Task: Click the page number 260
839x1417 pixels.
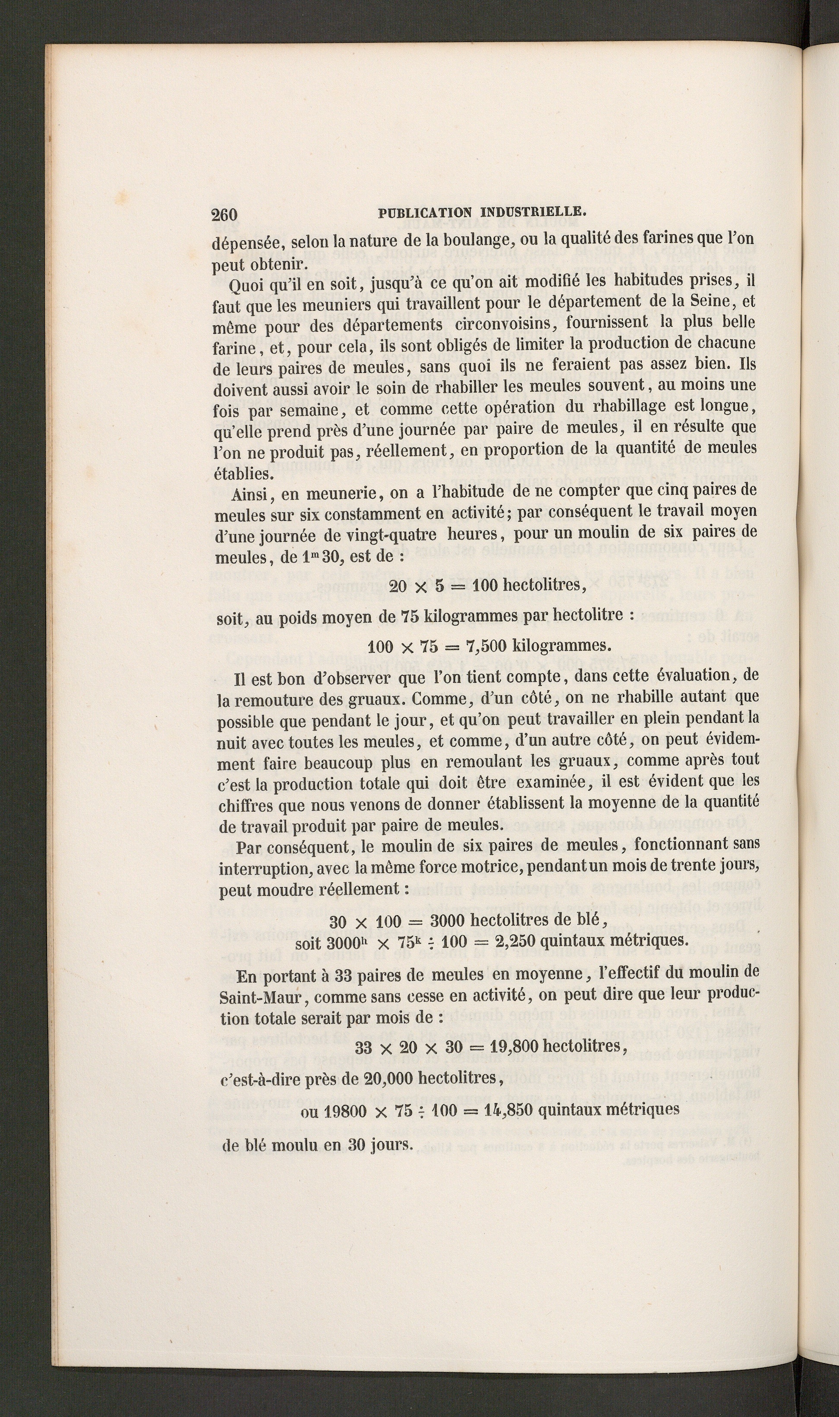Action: coord(224,215)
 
